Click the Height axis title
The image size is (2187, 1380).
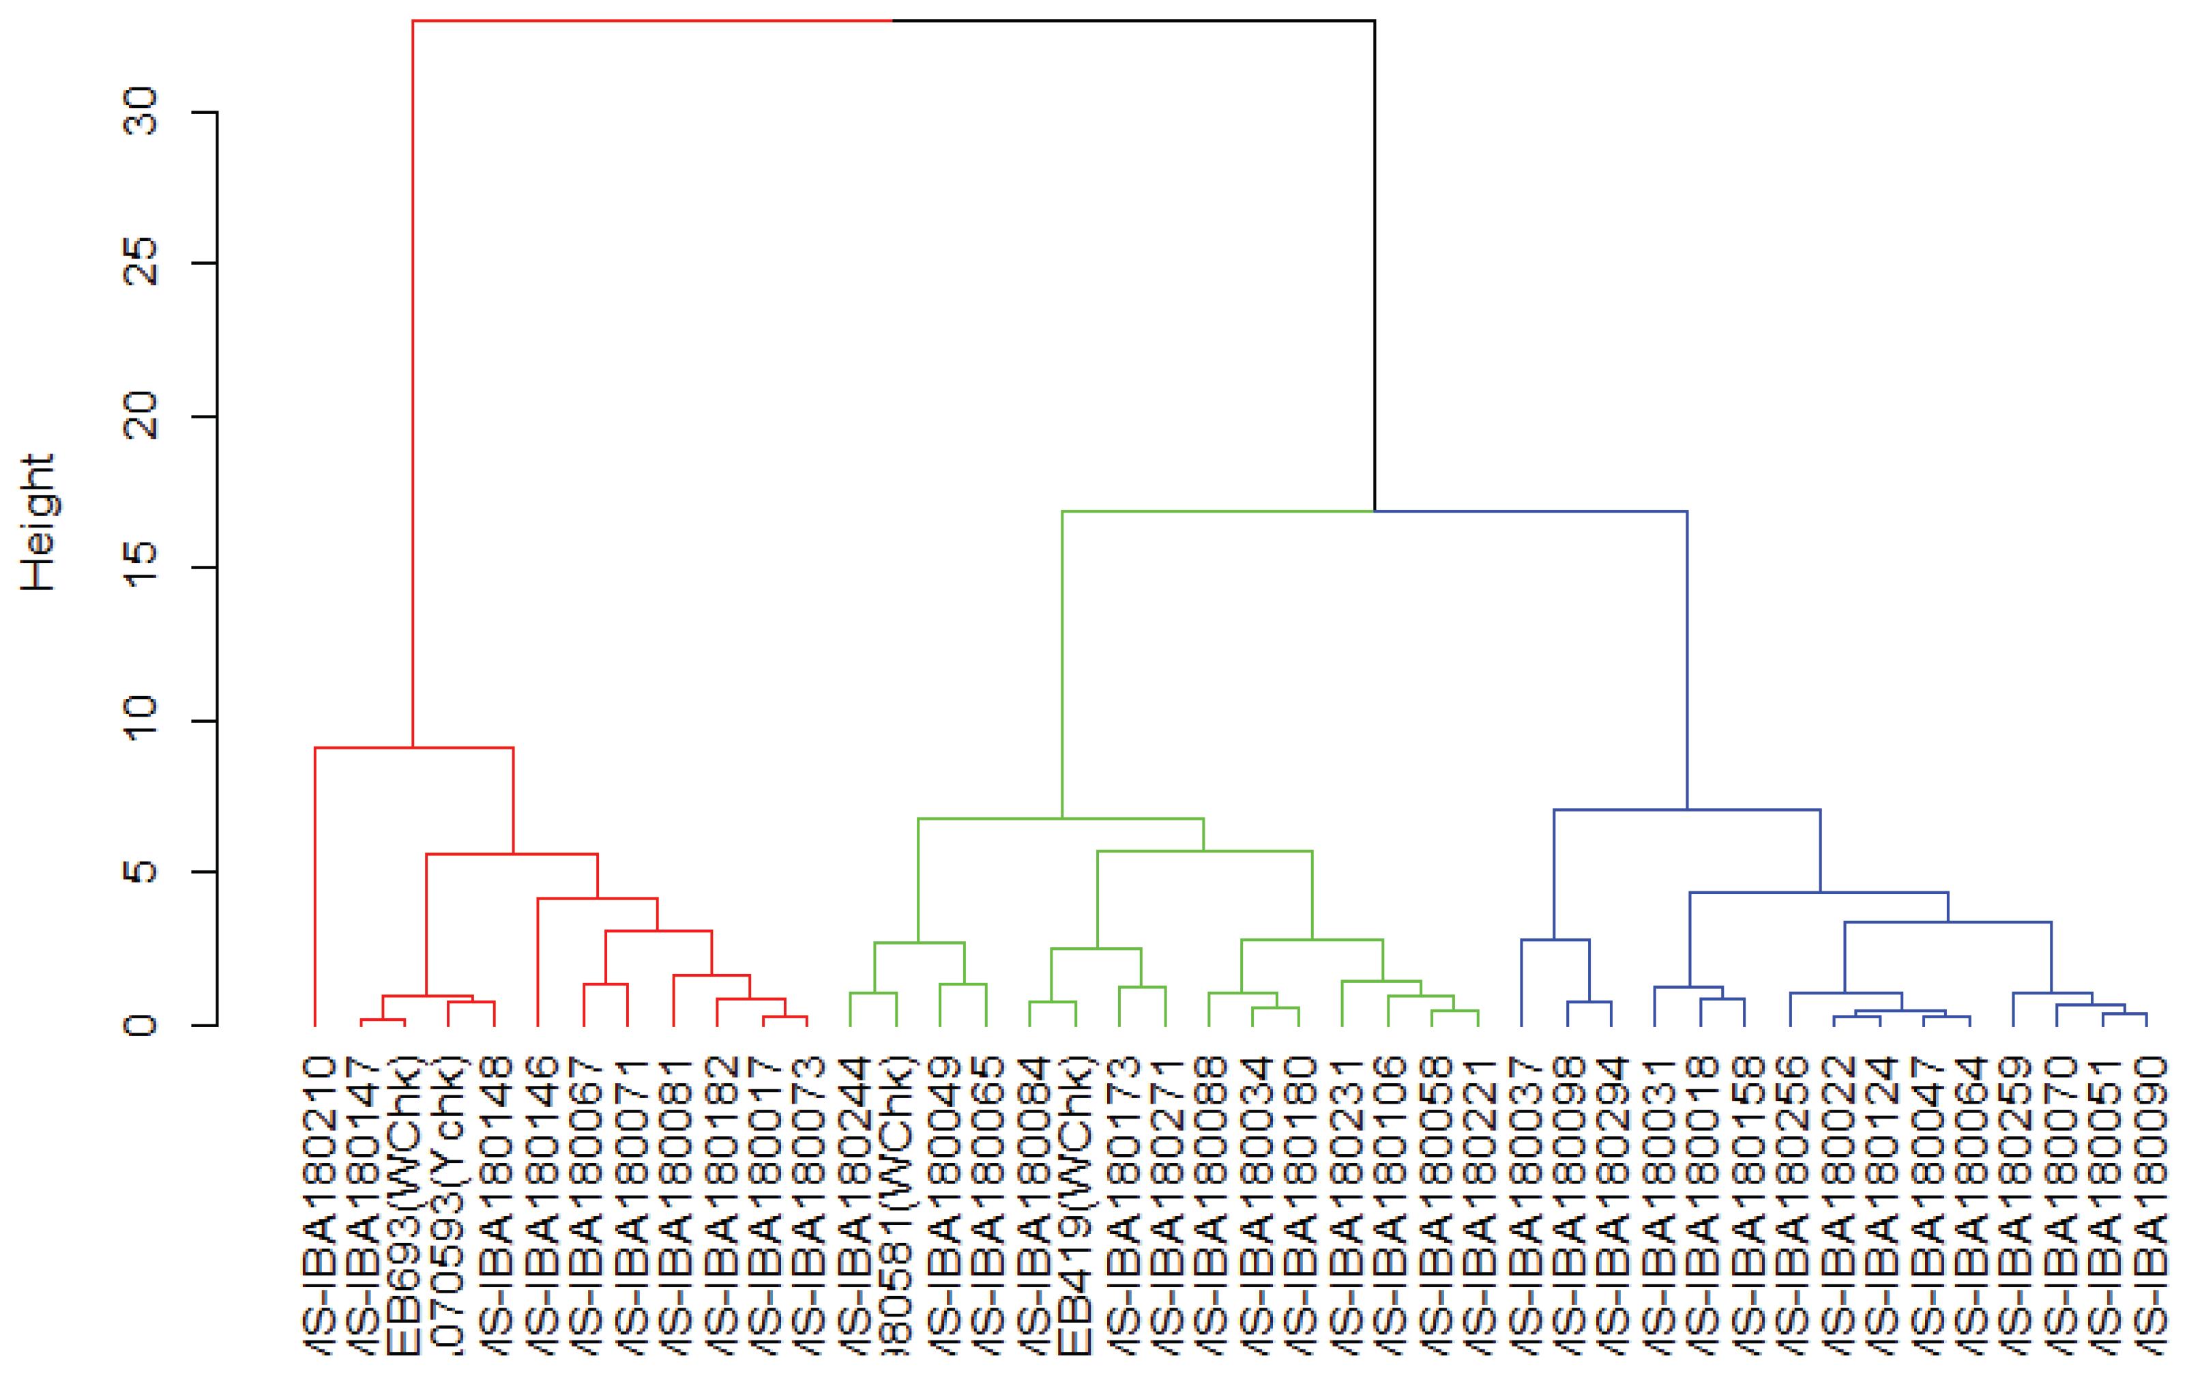38,522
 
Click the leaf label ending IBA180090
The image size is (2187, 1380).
2149,1204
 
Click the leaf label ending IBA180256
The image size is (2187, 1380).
1791,1204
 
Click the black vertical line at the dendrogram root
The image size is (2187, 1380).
1374,263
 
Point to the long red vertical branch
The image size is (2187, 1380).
413,382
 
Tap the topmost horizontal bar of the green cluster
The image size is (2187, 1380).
1217,511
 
